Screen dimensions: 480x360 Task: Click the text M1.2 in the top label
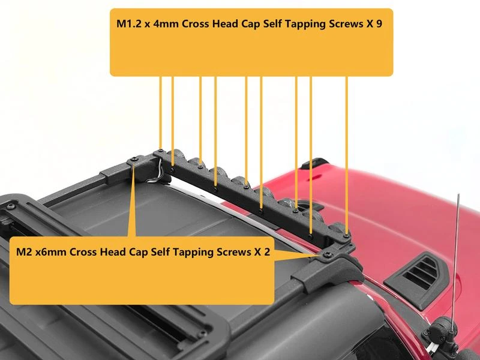point(129,24)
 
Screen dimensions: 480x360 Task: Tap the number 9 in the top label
point(379,24)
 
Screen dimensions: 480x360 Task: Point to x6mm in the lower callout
point(51,252)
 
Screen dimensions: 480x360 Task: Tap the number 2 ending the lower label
point(267,252)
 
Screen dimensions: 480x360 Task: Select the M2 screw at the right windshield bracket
point(327,254)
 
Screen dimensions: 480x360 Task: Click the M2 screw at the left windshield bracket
point(134,160)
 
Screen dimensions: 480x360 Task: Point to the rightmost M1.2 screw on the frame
point(346,236)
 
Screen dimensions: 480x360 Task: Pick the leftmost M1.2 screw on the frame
point(160,151)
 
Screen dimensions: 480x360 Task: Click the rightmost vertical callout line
point(347,155)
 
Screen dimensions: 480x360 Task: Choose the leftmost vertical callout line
point(160,113)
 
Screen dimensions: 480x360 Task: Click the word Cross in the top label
point(196,24)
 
